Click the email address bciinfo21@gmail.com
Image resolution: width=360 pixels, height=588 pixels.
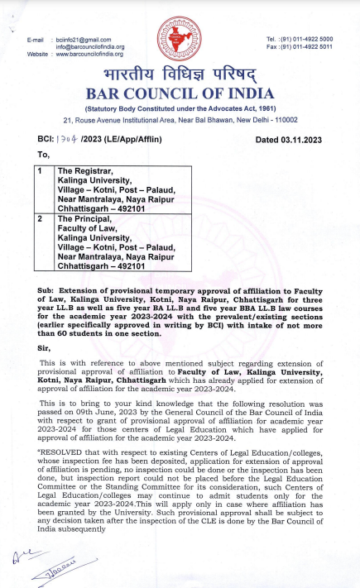click(83, 40)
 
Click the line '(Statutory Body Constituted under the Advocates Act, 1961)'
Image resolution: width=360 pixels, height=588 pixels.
click(180, 108)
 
